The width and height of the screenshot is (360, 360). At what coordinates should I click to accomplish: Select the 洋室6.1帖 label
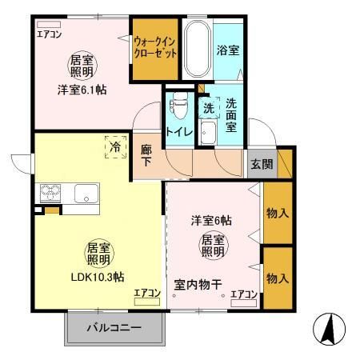[80, 90]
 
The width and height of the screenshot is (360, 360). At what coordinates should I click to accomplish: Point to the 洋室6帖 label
[211, 220]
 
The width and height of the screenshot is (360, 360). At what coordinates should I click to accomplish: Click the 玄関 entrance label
[262, 164]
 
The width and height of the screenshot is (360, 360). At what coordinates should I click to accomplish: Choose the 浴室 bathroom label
[228, 50]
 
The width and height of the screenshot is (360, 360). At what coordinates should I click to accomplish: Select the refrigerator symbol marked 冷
[115, 147]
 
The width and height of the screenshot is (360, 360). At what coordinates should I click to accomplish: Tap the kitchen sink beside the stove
[86, 193]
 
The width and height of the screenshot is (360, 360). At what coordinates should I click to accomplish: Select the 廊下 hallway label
[146, 154]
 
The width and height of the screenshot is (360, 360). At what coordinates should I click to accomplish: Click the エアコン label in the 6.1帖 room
[49, 33]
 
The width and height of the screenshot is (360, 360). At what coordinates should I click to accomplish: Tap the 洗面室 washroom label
[232, 108]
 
